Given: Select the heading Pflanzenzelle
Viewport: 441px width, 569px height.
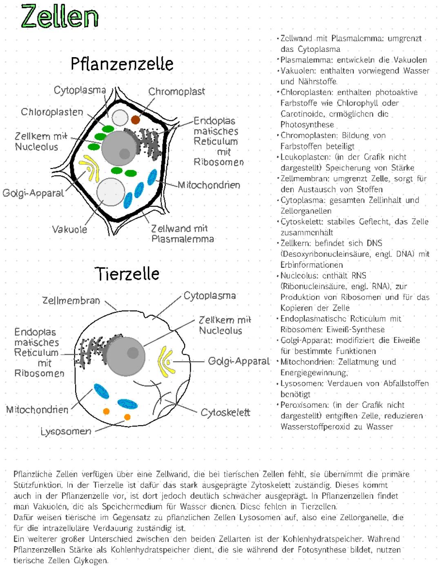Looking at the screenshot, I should (x=122, y=64).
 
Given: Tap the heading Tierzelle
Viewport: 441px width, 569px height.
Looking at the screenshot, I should (x=127, y=273).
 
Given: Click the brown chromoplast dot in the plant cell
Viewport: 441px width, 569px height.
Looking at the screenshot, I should (x=136, y=120).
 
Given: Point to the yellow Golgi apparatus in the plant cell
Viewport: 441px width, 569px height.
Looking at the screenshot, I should (x=91, y=167).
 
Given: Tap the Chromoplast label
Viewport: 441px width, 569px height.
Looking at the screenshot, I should (x=176, y=91).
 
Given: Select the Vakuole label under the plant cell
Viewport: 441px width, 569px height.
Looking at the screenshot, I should (x=69, y=229).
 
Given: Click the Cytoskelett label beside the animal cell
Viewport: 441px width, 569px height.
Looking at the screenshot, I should (x=225, y=412).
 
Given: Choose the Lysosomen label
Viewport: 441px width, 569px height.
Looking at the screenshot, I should (x=66, y=431).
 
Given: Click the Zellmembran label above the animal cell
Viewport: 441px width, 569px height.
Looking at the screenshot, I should (x=71, y=301).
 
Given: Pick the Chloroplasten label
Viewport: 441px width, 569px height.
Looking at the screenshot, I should (x=52, y=112).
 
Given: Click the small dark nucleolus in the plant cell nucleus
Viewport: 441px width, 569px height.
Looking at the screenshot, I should (x=124, y=153).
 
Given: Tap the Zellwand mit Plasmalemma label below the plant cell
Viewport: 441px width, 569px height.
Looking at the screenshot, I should (x=182, y=233).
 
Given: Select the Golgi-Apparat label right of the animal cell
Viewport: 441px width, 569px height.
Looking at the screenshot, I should (x=239, y=361).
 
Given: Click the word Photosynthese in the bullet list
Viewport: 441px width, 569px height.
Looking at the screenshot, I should (x=307, y=125).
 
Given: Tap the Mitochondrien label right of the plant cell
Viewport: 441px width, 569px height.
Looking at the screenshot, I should (x=209, y=185).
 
